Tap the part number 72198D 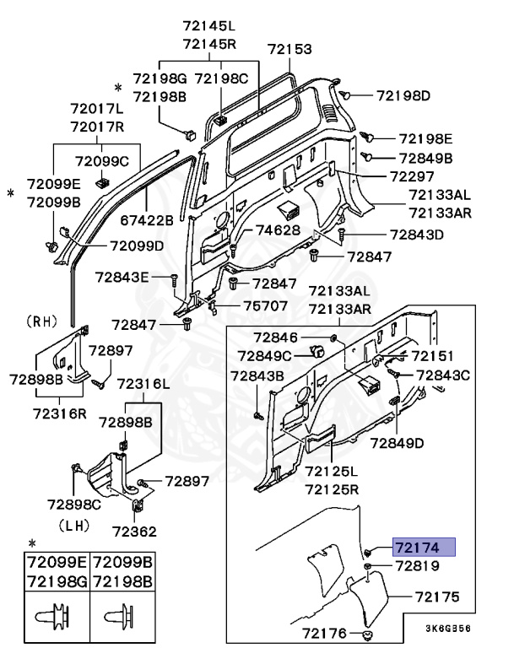(x=403, y=95)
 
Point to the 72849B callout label (x=425, y=158)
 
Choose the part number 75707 (x=263, y=306)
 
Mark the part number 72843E (x=122, y=276)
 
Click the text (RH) (x=41, y=321)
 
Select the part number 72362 (x=134, y=533)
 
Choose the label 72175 (x=436, y=597)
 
